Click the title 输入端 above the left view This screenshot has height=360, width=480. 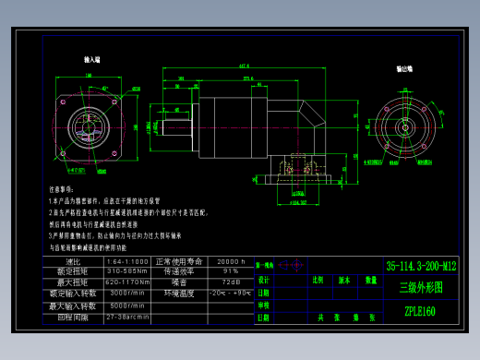click(92, 59)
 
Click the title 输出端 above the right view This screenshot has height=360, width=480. click(404, 68)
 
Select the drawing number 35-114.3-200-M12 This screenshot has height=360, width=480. click(421, 266)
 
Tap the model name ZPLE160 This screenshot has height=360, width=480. click(420, 311)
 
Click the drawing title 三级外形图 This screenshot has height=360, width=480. click(420, 287)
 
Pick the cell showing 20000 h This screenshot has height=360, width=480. click(230, 261)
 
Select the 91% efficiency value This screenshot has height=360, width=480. click(230, 271)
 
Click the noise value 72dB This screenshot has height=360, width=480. click(230, 282)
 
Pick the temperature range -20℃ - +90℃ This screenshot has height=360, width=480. click(230, 293)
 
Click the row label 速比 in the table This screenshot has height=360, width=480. click(74, 261)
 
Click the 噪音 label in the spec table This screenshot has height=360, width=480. click(179, 282)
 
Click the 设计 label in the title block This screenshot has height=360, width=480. click(264, 279)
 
